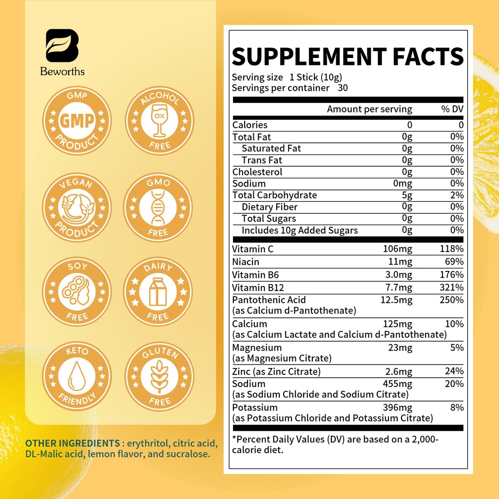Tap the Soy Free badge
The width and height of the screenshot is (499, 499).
77,292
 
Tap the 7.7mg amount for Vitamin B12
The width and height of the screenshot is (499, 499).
398,288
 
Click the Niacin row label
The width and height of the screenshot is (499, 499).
246,262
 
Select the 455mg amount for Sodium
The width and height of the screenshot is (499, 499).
398,384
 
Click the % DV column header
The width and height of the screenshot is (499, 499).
452,109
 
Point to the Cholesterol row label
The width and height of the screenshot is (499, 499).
257,172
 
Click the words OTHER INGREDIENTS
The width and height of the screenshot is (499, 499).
73,443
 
